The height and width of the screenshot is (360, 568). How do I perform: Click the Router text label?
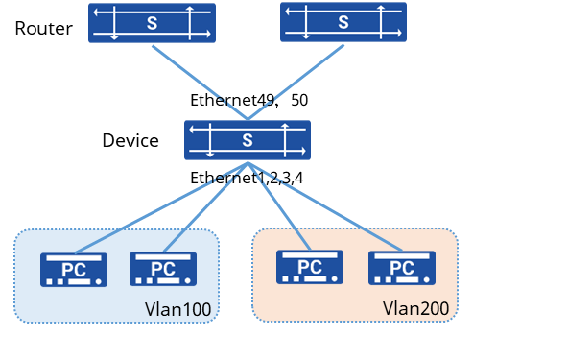coord(44,28)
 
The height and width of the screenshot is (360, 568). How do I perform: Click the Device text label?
coord(130,140)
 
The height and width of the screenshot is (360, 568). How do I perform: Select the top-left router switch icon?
coord(153,23)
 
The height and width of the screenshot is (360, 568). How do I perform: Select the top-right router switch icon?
coord(343,22)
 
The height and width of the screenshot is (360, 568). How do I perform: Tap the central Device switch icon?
coord(248,140)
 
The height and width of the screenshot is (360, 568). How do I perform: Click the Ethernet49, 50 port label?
coord(249,100)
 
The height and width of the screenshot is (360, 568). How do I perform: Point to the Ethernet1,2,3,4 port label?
coord(247,178)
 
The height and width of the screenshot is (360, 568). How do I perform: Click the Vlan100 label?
coord(177,309)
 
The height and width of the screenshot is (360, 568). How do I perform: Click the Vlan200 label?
coord(415,308)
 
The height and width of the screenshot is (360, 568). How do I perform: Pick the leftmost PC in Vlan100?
coord(74,270)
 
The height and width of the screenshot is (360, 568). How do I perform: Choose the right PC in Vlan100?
coord(163,269)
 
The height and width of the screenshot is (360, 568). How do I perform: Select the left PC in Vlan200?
coord(310,267)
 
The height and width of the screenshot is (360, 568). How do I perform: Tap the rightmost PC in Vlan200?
coord(402,268)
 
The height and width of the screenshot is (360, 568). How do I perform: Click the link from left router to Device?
coord(200,83)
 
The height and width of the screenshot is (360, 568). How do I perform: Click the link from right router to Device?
coord(296,82)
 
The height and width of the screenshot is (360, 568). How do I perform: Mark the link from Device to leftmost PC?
coord(161,207)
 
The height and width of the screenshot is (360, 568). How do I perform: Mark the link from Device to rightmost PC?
coord(325,207)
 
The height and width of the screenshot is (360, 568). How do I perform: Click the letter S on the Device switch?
coord(248,140)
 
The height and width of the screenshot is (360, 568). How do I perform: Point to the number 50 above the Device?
coord(299,100)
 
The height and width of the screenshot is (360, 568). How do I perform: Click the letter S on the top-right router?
coord(343,22)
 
